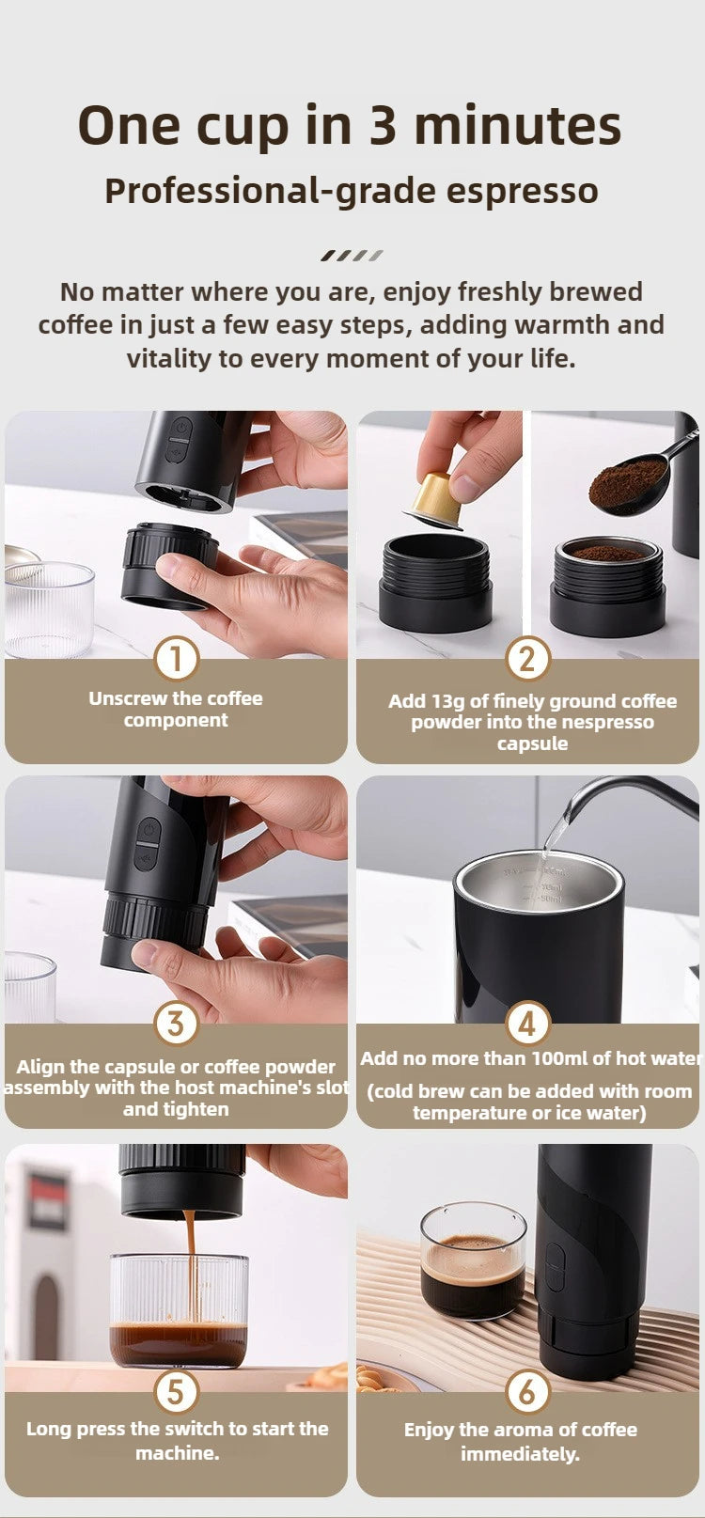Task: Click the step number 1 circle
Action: [176, 659]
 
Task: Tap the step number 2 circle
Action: [527, 659]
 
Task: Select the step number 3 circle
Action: [176, 1024]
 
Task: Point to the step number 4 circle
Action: [527, 1024]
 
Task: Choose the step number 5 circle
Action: [176, 1392]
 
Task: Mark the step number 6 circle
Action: [527, 1392]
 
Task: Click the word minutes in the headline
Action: [517, 125]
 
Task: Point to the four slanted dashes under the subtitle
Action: [352, 255]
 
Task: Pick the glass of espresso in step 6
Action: [473, 1261]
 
